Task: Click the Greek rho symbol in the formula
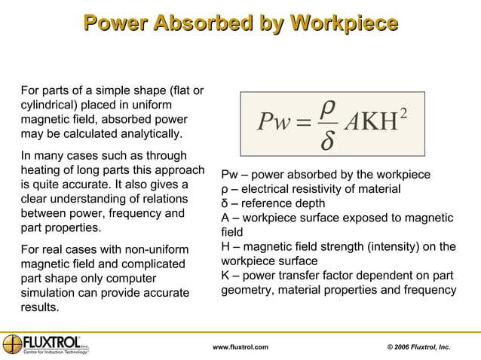coord(327,108)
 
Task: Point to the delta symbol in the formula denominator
coord(327,140)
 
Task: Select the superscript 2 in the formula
coord(405,113)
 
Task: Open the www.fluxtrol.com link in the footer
coord(240,346)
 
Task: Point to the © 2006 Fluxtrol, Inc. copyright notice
coord(418,346)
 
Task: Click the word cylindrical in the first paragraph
coord(47,105)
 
